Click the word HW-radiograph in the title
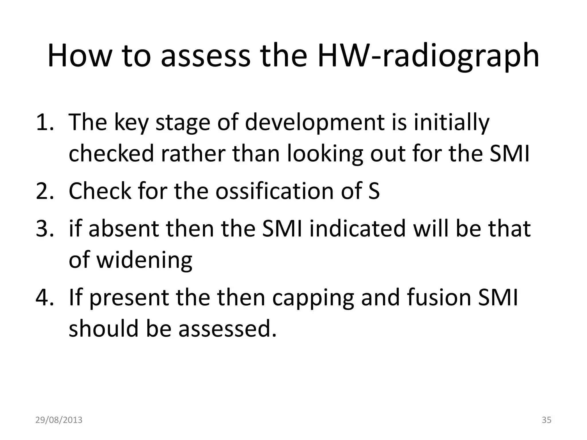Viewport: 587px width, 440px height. click(428, 56)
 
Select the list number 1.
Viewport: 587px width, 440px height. click(44, 122)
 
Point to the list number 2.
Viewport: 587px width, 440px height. click(44, 191)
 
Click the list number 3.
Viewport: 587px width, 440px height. click(44, 228)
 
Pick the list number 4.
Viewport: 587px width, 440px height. click(44, 297)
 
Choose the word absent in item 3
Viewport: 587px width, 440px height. click(124, 228)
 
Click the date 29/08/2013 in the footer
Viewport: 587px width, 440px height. click(59, 420)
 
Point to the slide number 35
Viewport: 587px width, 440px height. click(547, 420)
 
